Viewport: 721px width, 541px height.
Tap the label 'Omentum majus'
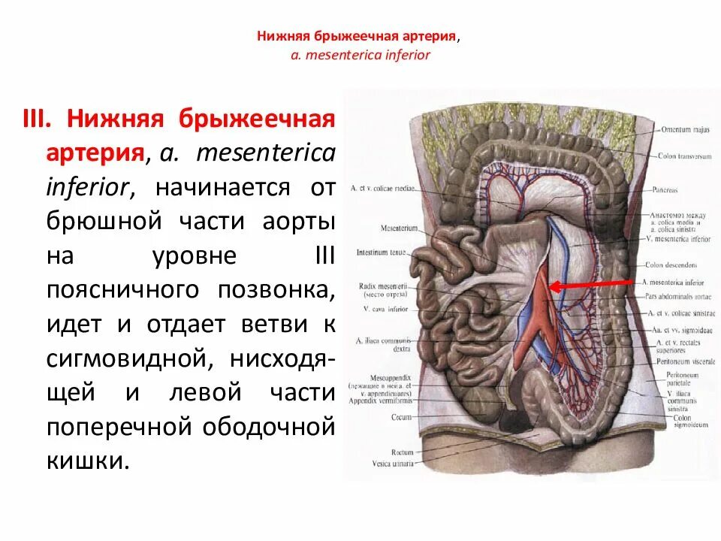(685, 129)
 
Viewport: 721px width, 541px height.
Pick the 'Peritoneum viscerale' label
(678, 361)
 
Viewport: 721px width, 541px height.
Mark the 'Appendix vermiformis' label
(382, 401)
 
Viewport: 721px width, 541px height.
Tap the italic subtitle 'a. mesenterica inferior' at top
(360, 56)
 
